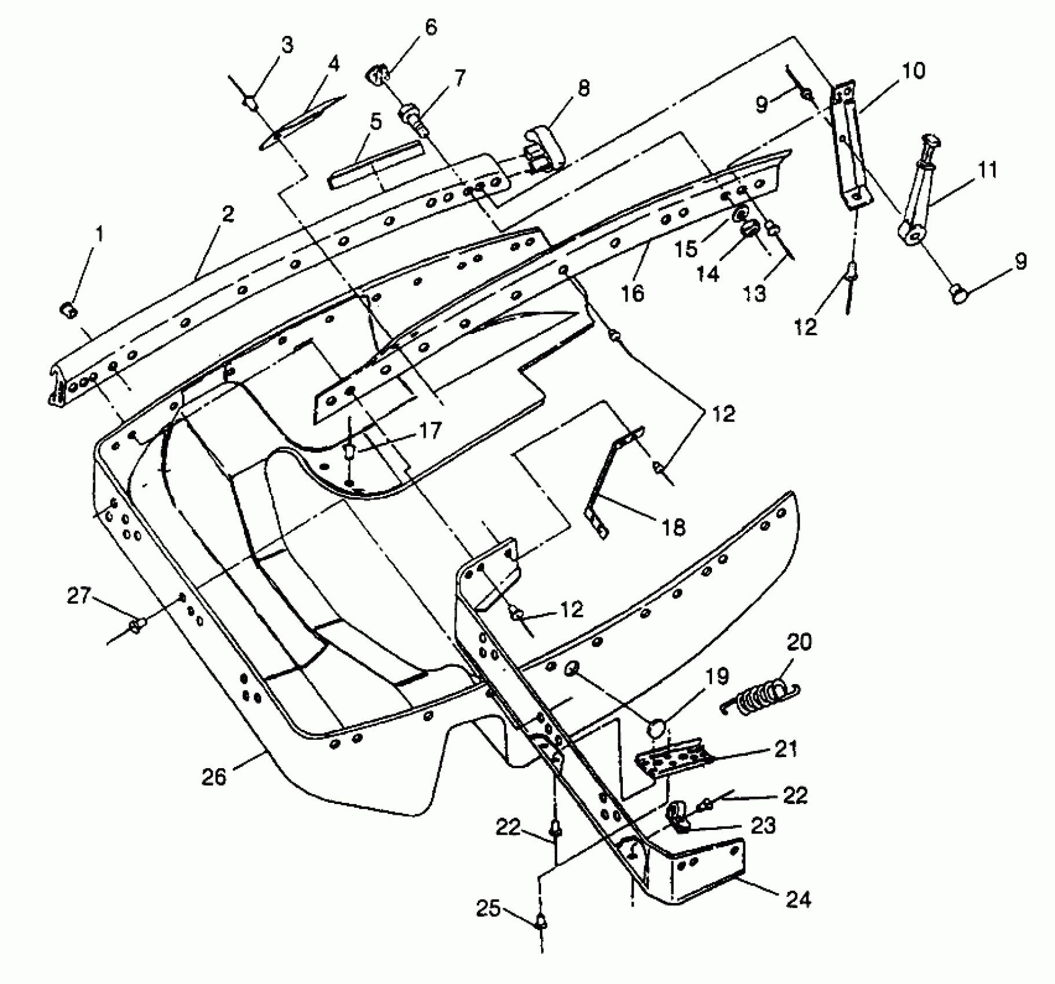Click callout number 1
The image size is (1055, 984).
click(100, 234)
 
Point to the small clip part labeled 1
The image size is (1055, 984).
click(69, 310)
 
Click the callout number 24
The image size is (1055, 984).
click(798, 899)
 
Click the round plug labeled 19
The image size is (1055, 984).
click(657, 727)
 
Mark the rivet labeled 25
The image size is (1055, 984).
click(542, 920)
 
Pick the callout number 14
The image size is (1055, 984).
click(707, 273)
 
